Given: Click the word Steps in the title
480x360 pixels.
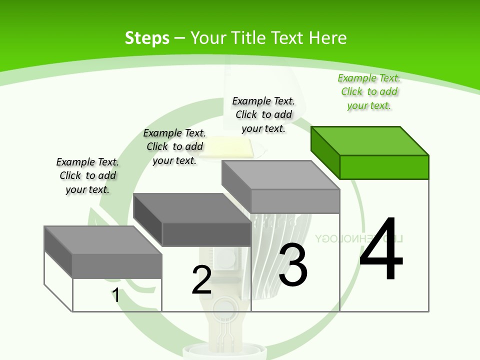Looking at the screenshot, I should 147,38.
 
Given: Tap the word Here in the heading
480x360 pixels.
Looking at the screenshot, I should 327,38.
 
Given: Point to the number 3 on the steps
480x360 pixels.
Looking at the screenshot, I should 293,264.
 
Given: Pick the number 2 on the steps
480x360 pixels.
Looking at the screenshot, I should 201,280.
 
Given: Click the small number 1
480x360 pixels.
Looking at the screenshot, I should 116,295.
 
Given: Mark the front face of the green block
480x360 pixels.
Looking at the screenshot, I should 384,167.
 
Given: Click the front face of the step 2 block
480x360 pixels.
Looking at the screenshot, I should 206,234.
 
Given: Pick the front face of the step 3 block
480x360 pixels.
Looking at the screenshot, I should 295,201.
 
